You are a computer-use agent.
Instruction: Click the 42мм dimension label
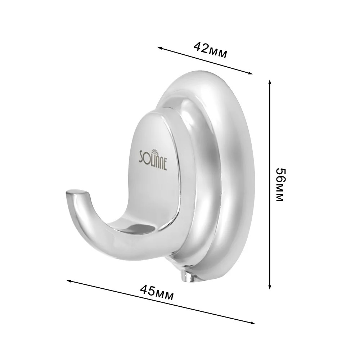tap(210, 50)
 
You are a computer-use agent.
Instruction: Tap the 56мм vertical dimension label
tap(280, 184)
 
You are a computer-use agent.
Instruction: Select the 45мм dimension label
tap(157, 292)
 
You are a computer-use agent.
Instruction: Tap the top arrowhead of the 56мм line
tap(270, 82)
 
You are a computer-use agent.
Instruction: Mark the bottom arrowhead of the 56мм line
tap(270, 287)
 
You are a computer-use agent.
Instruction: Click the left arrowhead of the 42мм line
tap(160, 48)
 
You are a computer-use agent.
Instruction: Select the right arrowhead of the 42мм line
tap(250, 73)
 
